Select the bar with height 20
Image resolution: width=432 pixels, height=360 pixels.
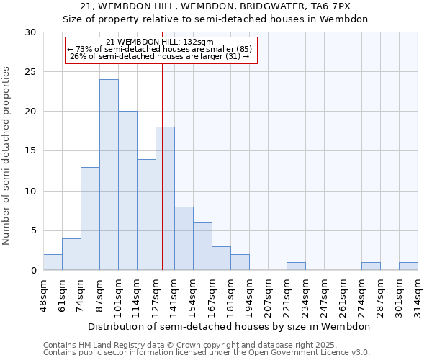(x=127, y=191)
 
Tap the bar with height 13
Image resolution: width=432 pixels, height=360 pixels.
(x=90, y=219)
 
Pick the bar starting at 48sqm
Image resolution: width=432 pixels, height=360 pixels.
(x=53, y=262)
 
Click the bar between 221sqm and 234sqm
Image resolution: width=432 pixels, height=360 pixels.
(x=296, y=266)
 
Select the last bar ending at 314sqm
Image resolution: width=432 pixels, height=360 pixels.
(x=408, y=266)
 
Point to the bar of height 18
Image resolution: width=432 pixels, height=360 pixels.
(x=165, y=199)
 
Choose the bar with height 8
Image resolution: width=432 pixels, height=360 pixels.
(x=184, y=238)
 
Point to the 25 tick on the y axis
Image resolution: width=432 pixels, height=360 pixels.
(x=32, y=72)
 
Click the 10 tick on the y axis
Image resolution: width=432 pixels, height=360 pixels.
(x=32, y=192)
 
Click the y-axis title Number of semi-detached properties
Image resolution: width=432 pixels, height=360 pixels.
(x=7, y=156)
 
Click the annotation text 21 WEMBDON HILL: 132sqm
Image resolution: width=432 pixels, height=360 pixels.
(x=159, y=42)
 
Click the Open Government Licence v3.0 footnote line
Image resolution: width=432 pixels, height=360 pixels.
(x=207, y=353)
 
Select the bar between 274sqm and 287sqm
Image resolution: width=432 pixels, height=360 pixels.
(x=371, y=266)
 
